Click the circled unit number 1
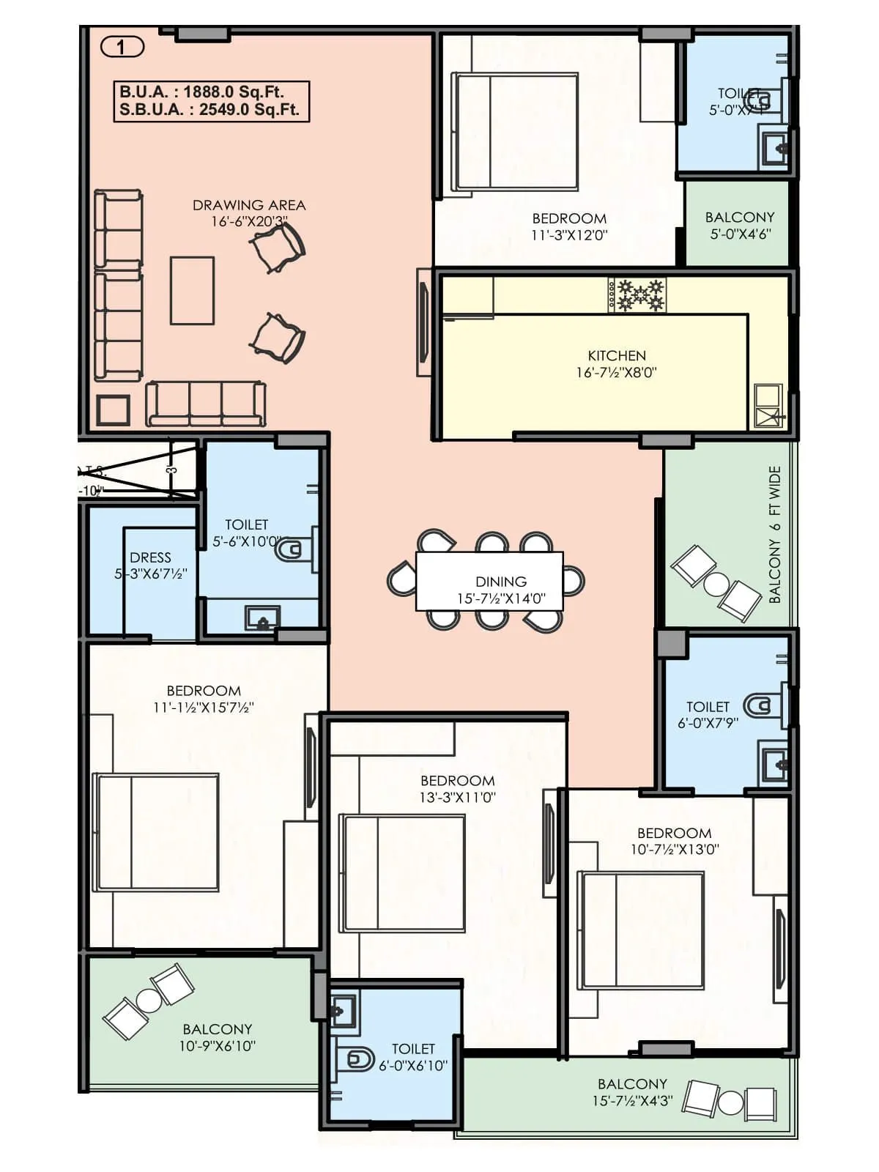tap(122, 48)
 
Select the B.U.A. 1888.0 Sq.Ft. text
tap(201, 92)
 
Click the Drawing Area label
tap(249, 206)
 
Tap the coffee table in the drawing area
tap(192, 290)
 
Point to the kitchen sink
tap(768, 406)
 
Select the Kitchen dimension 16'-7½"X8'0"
tap(616, 373)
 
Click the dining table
tap(489, 581)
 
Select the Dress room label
tap(150, 558)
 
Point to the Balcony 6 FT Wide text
tap(775, 535)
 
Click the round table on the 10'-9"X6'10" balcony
tap(149, 1000)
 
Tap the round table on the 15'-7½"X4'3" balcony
tap(730, 1102)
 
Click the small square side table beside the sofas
tap(114, 410)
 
